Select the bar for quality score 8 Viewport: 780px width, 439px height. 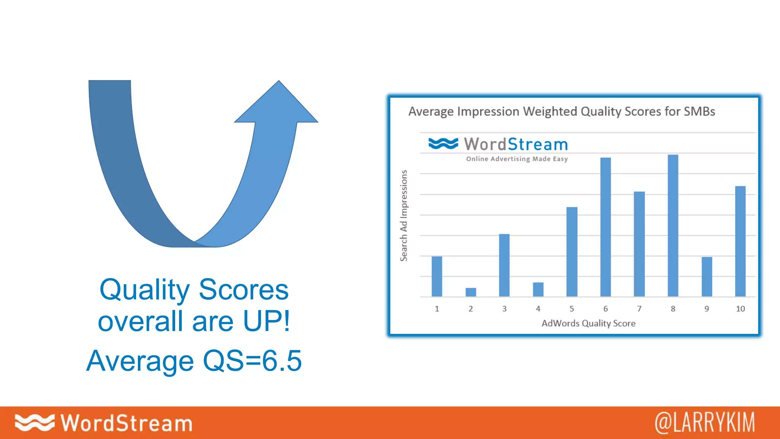[673, 226]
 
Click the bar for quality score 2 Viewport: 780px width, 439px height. [471, 292]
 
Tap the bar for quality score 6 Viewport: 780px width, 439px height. [606, 227]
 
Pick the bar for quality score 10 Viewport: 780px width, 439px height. [740, 241]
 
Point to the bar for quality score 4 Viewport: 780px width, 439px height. [538, 290]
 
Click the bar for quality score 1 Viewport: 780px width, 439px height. [437, 276]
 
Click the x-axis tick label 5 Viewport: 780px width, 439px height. [572, 309]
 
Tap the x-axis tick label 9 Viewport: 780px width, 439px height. [706, 309]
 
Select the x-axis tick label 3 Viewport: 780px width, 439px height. [504, 309]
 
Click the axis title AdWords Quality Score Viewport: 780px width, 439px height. [588, 323]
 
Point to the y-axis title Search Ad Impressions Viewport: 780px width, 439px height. [404, 216]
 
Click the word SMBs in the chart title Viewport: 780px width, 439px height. [699, 111]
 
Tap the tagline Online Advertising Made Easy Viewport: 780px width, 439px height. [517, 159]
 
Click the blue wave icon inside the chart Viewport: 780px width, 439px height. [443, 144]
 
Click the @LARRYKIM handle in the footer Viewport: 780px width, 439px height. [705, 423]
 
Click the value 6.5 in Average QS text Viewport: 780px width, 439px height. [281, 360]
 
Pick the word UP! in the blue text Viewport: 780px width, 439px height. [266, 321]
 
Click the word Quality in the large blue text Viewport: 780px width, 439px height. [144, 290]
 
